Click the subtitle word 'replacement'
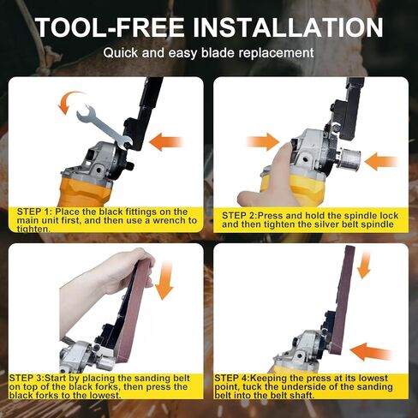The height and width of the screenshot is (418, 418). pyautogui.click(x=275, y=53)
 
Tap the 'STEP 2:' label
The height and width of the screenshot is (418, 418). pyautogui.click(x=242, y=214)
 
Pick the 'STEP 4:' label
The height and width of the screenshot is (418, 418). pyautogui.click(x=234, y=376)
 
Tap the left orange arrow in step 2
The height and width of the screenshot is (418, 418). pyautogui.click(x=263, y=141)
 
